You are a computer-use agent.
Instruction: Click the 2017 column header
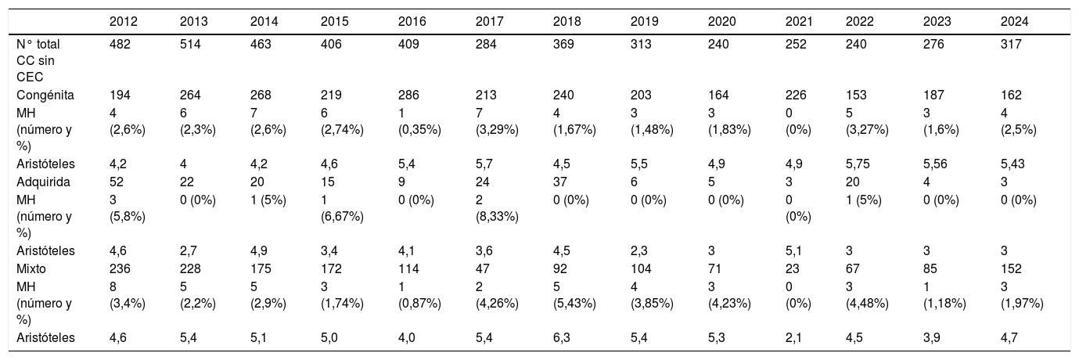[489, 22]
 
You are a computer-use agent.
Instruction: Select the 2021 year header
[799, 22]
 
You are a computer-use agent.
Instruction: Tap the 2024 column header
[1015, 22]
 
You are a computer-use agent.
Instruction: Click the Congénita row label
[45, 95]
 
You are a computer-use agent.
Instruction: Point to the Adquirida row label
[43, 182]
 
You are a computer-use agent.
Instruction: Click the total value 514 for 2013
[190, 45]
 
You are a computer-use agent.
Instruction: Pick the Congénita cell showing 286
[408, 95]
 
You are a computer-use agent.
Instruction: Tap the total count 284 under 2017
[486, 45]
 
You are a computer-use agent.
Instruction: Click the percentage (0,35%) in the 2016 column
[419, 130]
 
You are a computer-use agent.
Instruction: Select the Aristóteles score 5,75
[858, 164]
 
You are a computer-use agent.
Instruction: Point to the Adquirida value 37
[560, 182]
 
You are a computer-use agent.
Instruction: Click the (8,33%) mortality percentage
[497, 217]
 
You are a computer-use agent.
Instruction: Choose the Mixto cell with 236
[120, 269]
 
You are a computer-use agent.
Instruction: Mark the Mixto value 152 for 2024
[1011, 269]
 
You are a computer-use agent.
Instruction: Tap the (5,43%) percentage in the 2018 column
[574, 304]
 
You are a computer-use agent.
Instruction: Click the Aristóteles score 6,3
[562, 338]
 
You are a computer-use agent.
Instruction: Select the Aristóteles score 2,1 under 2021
[794, 338]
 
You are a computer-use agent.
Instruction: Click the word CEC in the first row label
[30, 77]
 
